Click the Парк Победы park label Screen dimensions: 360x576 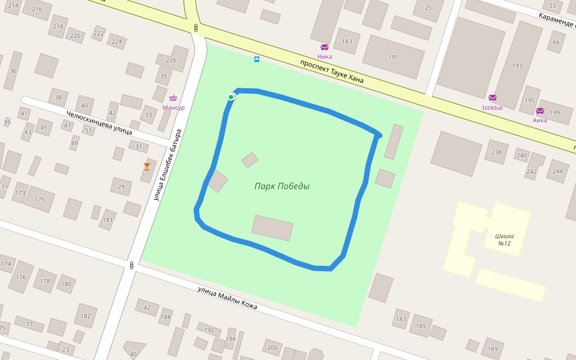click(281, 186)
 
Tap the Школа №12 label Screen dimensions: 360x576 click(505, 239)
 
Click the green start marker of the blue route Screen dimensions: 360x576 click(231, 97)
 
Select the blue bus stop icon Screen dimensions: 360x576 click(257, 59)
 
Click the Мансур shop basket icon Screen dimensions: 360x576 click(173, 98)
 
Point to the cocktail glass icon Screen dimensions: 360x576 click(147, 166)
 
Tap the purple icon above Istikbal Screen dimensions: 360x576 click(493, 98)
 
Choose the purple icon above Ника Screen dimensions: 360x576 click(325, 47)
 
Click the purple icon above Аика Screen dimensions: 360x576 click(539, 110)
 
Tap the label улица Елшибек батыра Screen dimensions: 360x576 click(167, 165)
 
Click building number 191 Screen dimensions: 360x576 click(393, 58)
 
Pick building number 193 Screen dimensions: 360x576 click(517, 65)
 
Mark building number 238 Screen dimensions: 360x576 click(496, 152)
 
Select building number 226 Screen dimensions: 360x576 click(171, 60)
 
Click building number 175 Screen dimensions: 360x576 click(40, 199)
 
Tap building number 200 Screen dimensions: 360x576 click(272, 347)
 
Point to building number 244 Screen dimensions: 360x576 click(558, 171)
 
